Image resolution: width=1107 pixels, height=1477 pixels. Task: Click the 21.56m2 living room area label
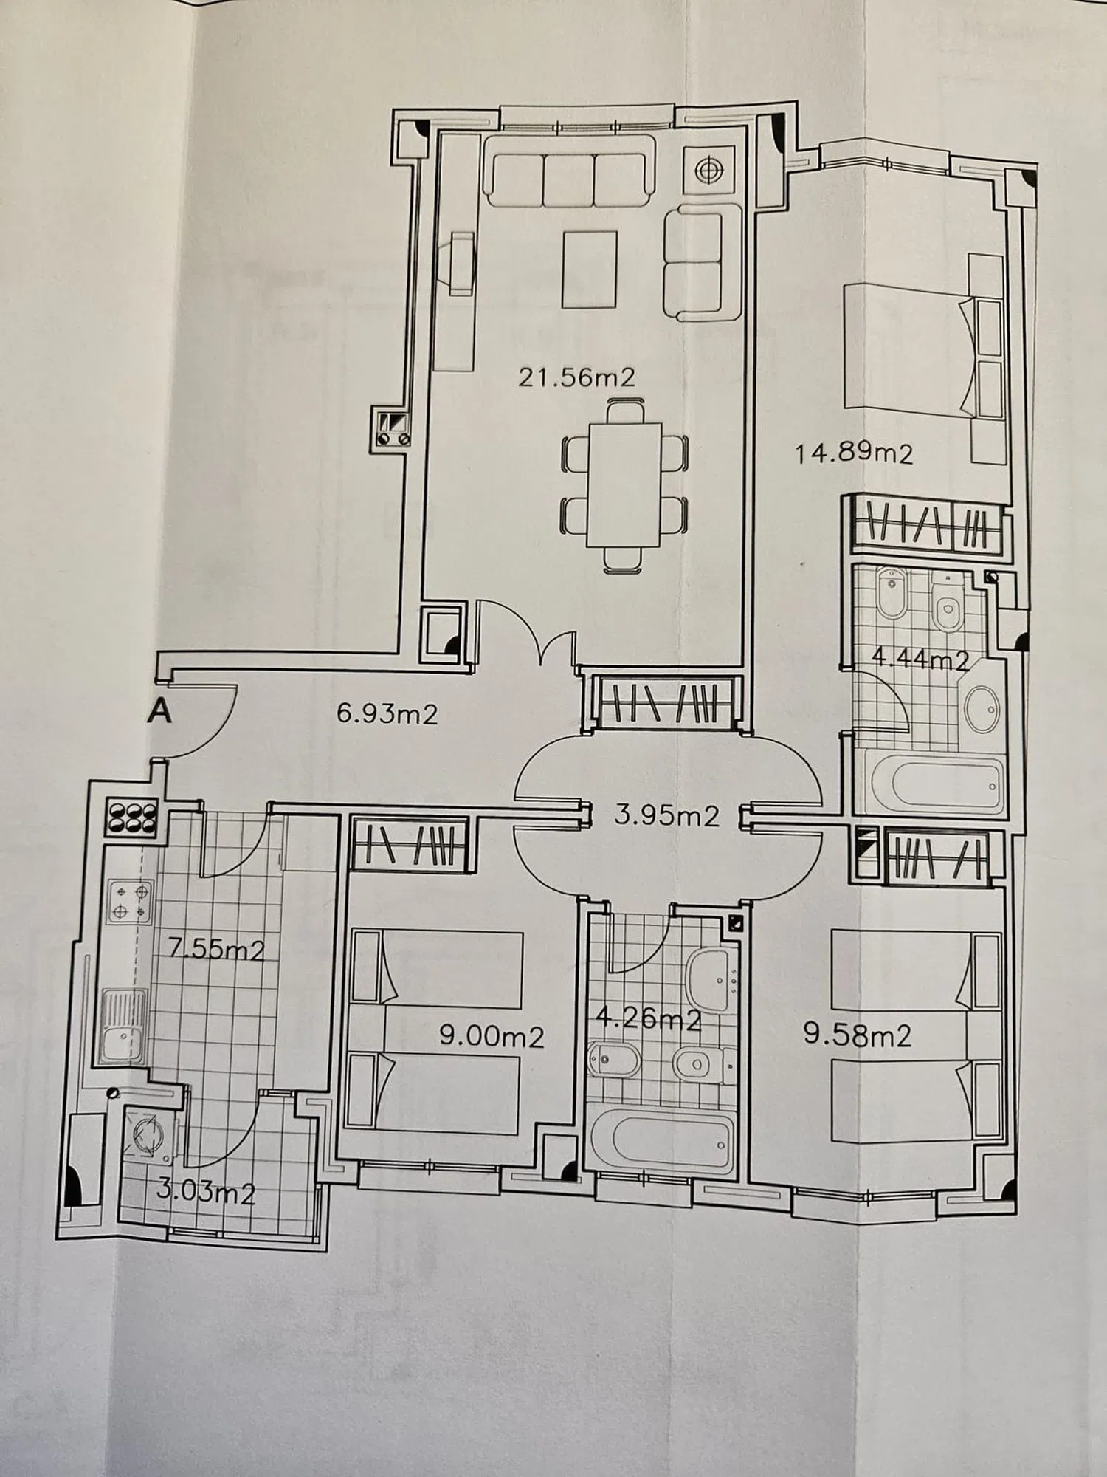576,377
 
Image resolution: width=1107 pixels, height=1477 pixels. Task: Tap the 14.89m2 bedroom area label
854,453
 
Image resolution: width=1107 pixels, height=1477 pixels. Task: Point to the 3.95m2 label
666,816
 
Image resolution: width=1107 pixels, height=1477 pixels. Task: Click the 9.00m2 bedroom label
492,1038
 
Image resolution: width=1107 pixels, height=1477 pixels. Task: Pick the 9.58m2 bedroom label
857,1035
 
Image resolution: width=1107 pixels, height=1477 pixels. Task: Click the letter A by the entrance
160,713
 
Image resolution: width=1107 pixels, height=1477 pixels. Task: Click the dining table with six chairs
624,485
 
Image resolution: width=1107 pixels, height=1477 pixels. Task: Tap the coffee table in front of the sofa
589,269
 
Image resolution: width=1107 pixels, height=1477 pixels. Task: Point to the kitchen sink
124,1025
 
